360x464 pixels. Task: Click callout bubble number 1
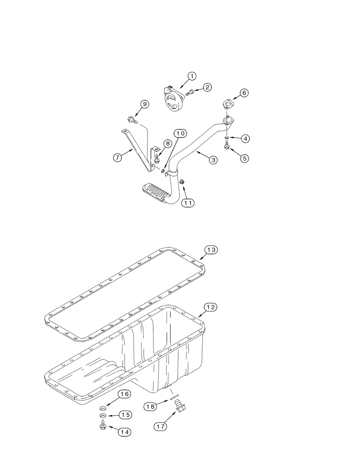pos(192,76)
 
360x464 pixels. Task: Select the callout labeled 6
pos(244,93)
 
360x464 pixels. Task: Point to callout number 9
pos(145,104)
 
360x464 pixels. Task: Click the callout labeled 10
pos(180,134)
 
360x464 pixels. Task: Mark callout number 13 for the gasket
pos(211,250)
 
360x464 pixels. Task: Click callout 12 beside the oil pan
pos(211,307)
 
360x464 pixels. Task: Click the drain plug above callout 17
pos(180,408)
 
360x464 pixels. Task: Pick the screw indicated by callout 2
pos(189,93)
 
